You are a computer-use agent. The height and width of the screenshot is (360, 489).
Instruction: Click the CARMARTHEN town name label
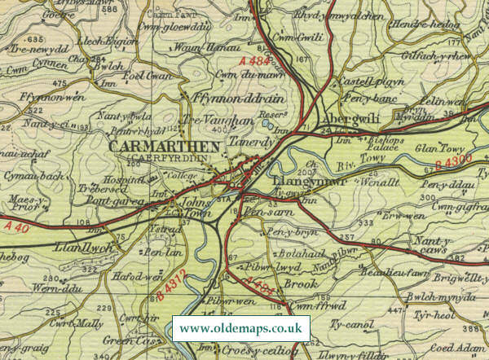pos(163,147)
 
